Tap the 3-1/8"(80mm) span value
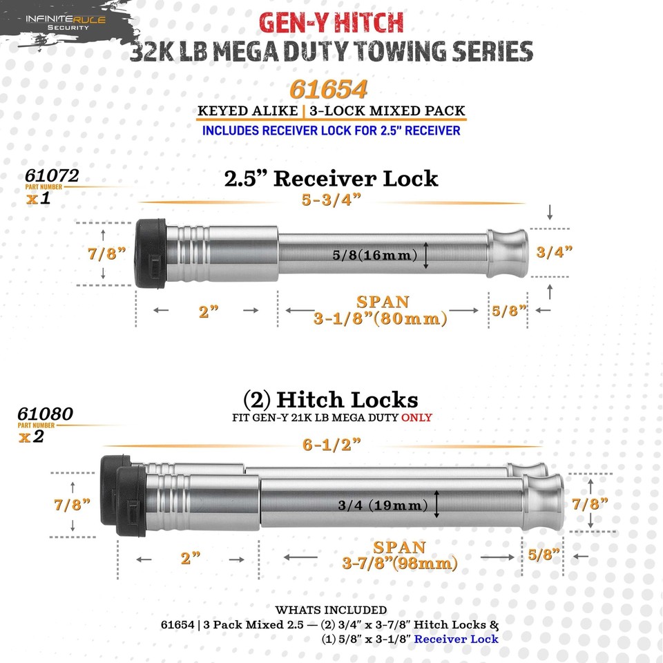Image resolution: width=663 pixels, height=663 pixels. point(381,319)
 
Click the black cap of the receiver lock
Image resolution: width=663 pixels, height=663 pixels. point(151,253)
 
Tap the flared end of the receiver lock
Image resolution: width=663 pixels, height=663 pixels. point(508,253)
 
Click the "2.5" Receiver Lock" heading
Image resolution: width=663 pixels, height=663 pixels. point(331,178)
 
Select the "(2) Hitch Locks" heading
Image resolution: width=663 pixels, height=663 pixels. point(330,400)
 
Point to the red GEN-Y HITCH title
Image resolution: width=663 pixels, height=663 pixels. point(331,23)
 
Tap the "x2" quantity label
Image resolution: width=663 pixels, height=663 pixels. point(31,436)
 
